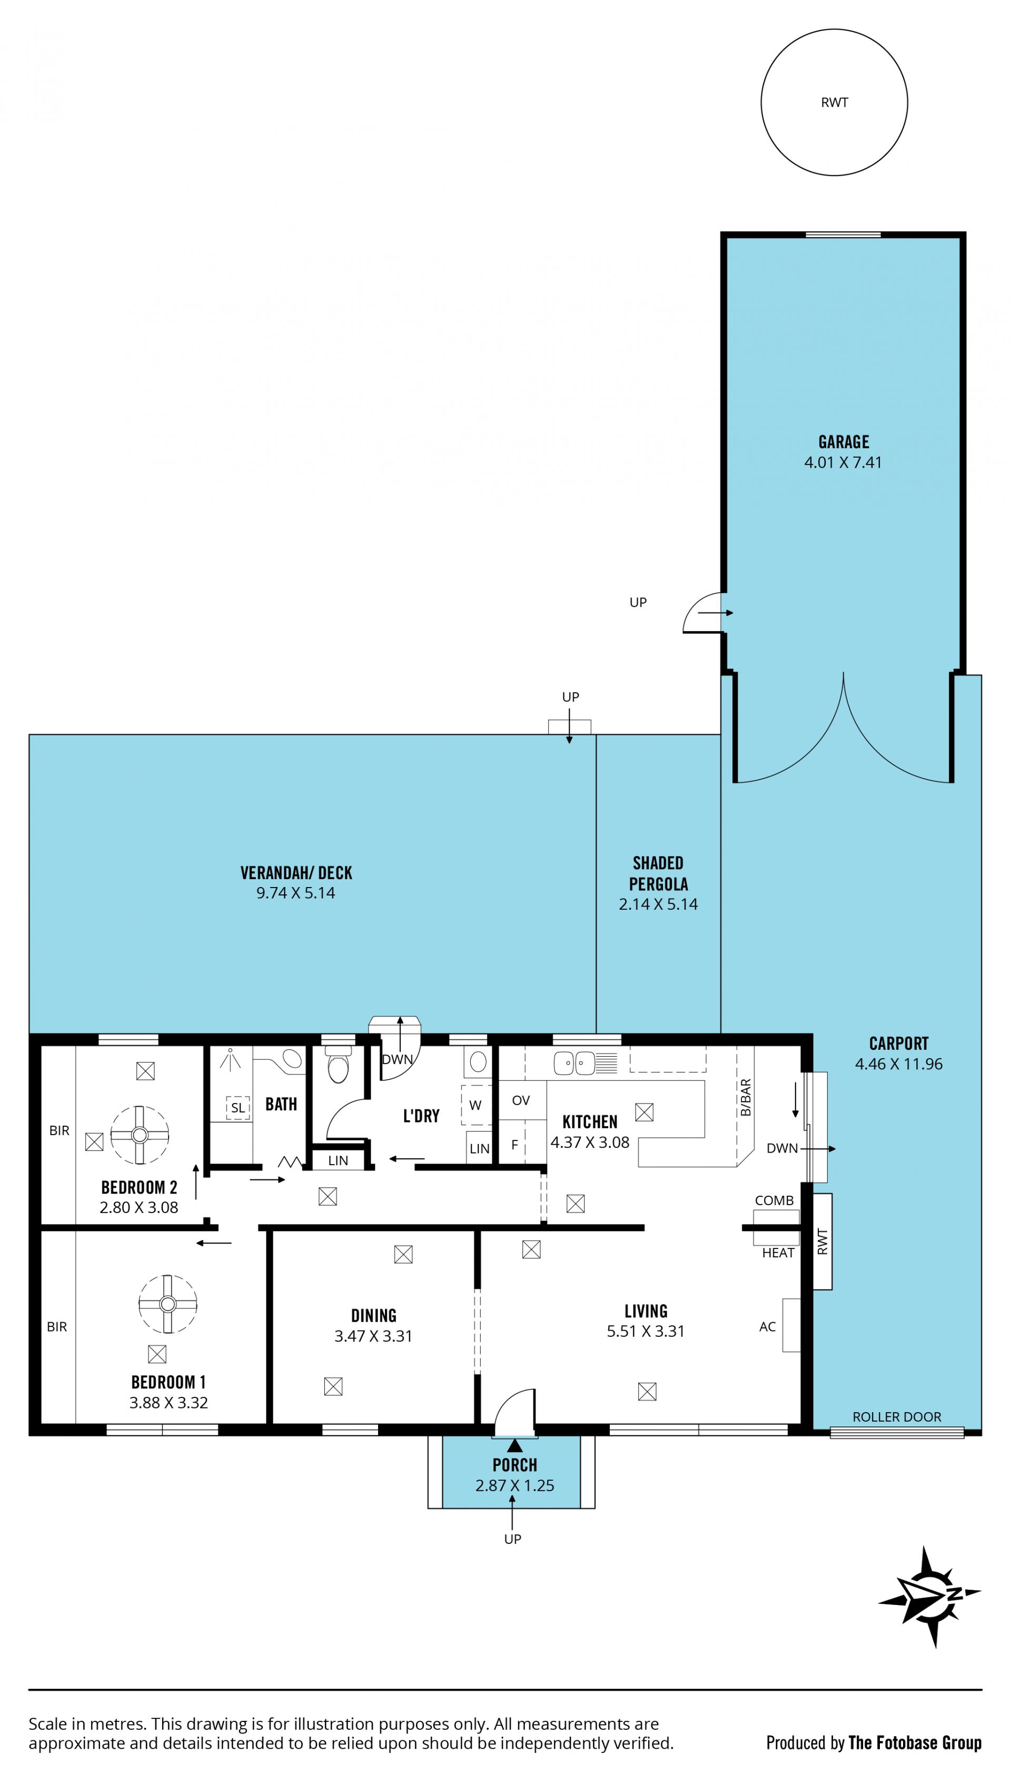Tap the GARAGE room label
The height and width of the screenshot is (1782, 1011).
[844, 441]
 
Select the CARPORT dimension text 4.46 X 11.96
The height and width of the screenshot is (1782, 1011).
[898, 1064]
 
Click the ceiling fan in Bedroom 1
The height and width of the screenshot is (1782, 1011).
[167, 1304]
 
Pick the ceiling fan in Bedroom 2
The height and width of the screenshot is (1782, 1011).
[140, 1135]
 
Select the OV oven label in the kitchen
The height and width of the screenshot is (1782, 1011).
[521, 1100]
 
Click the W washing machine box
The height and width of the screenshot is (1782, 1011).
[475, 1105]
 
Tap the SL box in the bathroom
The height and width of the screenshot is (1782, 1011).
[237, 1108]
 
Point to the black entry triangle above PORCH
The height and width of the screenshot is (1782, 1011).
[514, 1446]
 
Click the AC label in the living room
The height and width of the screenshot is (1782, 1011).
[767, 1326]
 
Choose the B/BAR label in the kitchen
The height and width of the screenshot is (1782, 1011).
[745, 1097]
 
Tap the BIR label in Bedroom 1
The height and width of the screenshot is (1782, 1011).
[57, 1326]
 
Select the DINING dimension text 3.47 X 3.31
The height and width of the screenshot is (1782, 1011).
[373, 1336]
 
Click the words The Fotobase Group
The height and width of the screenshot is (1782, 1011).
[915, 1742]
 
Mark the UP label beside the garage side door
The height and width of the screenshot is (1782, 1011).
[638, 602]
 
